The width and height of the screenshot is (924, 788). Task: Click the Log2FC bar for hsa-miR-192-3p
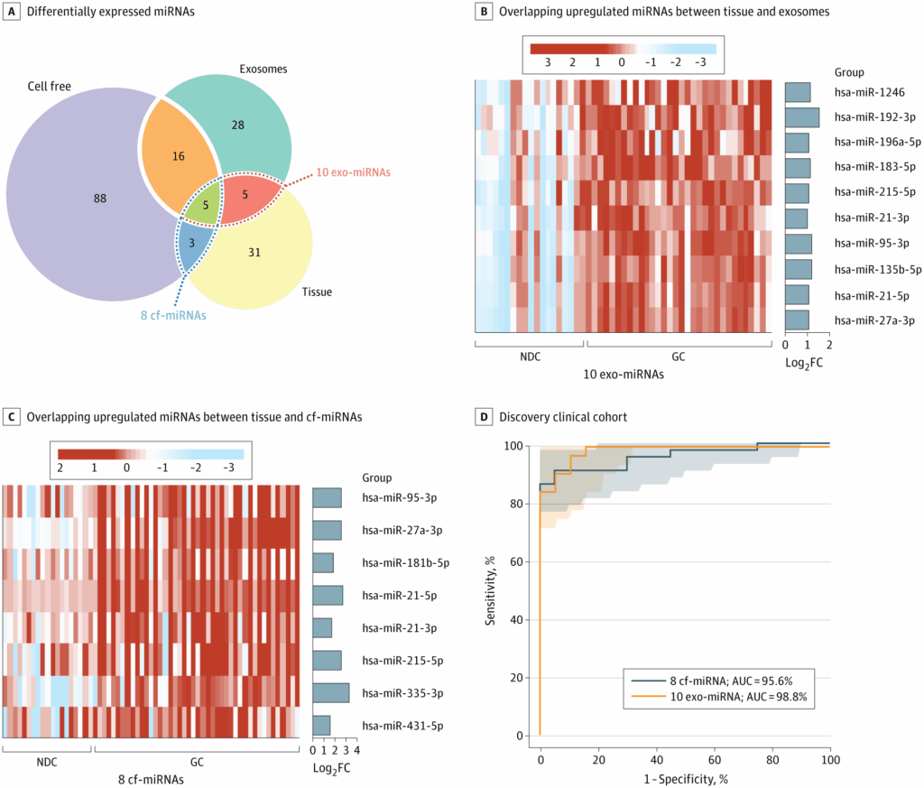click(801, 117)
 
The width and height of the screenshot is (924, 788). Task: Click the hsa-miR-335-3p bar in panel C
click(330, 693)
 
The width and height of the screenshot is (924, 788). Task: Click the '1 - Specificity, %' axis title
click(685, 778)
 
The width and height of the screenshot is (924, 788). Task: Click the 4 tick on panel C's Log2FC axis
click(356, 749)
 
